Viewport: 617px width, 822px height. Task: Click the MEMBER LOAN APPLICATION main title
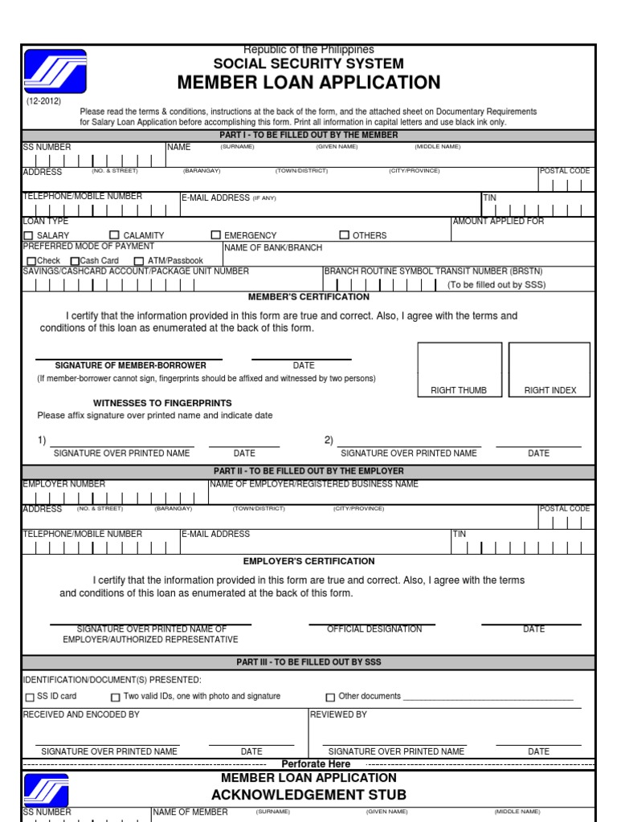tap(308, 83)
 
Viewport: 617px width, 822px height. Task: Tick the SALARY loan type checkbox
tap(28, 235)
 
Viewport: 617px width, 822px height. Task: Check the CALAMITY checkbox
tap(113, 235)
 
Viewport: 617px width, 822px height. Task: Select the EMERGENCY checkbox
tap(215, 235)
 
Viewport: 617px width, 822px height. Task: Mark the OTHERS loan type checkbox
tap(344, 235)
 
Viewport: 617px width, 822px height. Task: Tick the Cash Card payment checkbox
tap(75, 261)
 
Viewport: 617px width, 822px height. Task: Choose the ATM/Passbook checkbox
tap(139, 261)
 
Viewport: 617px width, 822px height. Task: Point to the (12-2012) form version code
tap(41, 101)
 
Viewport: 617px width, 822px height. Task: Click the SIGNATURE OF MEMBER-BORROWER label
tap(130, 366)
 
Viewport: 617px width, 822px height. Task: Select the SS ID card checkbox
tap(31, 698)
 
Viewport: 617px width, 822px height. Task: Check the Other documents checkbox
tap(330, 698)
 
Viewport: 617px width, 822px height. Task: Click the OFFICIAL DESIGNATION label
tap(374, 629)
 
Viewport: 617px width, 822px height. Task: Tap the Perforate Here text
tap(316, 764)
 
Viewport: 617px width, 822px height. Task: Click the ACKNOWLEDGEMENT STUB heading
tap(308, 795)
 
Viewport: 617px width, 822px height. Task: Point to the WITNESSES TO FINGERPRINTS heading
tap(162, 403)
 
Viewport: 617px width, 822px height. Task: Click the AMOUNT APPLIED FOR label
tap(498, 222)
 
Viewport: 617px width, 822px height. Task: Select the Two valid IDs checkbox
tap(115, 698)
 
